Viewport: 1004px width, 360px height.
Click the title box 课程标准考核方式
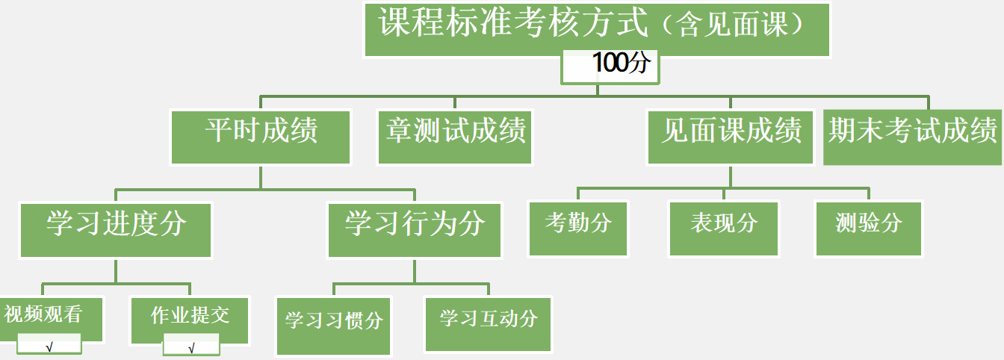point(515,25)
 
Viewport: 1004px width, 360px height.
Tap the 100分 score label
point(611,64)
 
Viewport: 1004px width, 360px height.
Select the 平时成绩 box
point(261,135)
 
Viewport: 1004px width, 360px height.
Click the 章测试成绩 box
point(455,135)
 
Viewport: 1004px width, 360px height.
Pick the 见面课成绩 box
point(730,135)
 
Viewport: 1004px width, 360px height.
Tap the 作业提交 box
point(190,317)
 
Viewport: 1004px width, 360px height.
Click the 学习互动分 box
point(489,322)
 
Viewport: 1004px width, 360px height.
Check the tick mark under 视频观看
point(49,347)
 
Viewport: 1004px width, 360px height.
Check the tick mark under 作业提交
point(192,347)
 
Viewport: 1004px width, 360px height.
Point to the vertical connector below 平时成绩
point(261,176)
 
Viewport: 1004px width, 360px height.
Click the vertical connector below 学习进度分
point(116,270)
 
